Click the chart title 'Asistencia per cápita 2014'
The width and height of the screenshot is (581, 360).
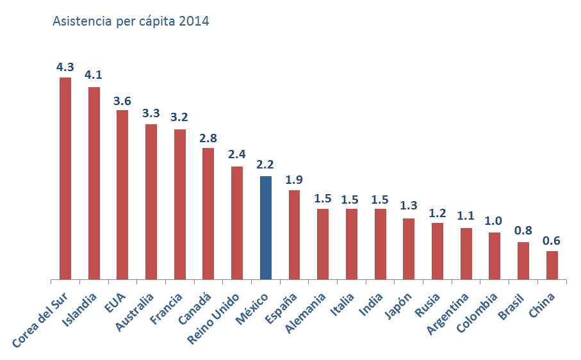tap(131, 21)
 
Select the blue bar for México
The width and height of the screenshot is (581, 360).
tap(266, 227)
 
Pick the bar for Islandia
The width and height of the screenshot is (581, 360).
tap(94, 183)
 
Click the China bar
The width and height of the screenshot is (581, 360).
tap(552, 265)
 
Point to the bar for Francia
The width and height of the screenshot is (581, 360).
tap(180, 204)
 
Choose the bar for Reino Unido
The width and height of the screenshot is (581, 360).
tap(237, 223)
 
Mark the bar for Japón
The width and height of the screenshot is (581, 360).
tap(409, 249)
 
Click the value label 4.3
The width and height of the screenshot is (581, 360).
tap(65, 67)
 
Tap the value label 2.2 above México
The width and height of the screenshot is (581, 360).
tap(265, 165)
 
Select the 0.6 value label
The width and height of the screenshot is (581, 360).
tap(552, 241)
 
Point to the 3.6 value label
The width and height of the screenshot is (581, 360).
tap(122, 101)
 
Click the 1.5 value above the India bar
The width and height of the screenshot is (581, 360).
tap(380, 199)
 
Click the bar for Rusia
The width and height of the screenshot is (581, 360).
tap(438, 251)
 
